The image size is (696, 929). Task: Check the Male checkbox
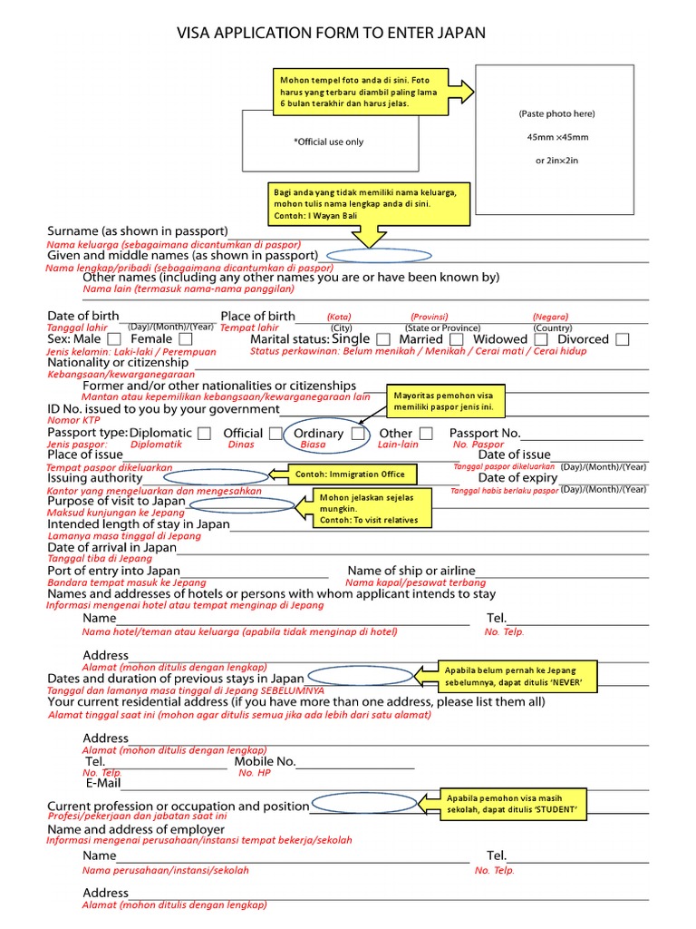tap(115, 339)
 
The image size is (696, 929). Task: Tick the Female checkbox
tap(185, 339)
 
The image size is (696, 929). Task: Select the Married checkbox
tap(456, 339)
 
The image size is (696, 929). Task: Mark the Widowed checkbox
tap(541, 339)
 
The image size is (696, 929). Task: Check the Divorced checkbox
tap(622, 339)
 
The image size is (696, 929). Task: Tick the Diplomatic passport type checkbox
tap(205, 434)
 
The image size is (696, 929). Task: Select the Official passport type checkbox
tap(275, 434)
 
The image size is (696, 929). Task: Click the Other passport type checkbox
tap(427, 434)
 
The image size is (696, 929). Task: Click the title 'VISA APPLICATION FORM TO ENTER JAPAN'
tap(331, 34)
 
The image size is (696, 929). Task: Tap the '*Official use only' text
tap(328, 142)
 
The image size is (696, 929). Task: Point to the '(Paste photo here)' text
tap(556, 114)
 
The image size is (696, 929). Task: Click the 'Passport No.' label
tap(485, 433)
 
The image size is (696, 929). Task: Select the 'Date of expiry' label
tap(517, 477)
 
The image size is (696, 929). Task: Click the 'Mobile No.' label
tap(265, 762)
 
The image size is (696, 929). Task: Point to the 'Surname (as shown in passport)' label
tap(138, 230)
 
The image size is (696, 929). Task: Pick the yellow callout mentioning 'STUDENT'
tap(512, 804)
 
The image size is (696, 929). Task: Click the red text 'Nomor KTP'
tap(73, 420)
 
